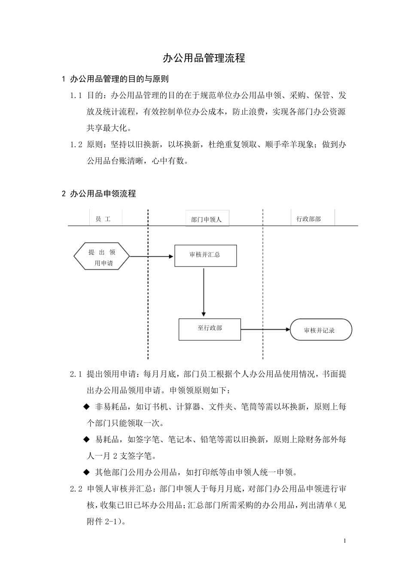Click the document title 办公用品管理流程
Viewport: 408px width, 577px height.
point(204,58)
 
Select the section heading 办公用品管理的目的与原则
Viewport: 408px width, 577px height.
point(119,79)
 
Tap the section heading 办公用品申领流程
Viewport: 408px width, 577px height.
point(103,194)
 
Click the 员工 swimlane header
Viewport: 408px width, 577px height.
point(103,219)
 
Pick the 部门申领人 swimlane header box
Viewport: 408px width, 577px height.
point(207,219)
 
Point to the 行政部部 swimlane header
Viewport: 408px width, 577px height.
point(308,219)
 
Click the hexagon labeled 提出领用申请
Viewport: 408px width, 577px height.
point(102,257)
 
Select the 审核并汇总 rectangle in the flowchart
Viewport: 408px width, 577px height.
point(205,255)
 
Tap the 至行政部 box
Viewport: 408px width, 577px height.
point(210,329)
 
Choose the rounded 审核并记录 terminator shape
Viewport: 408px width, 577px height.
point(320,330)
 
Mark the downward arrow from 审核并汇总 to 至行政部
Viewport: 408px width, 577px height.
point(204,292)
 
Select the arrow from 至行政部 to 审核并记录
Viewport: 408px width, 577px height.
point(265,329)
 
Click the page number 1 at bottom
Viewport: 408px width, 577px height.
point(344,541)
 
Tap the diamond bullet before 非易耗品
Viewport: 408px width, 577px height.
point(86,407)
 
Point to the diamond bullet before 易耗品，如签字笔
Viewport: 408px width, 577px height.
point(86,439)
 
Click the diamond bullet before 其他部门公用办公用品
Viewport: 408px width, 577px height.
point(86,473)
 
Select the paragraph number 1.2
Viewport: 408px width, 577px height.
point(76,145)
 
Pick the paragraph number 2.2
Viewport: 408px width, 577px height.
point(76,489)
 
